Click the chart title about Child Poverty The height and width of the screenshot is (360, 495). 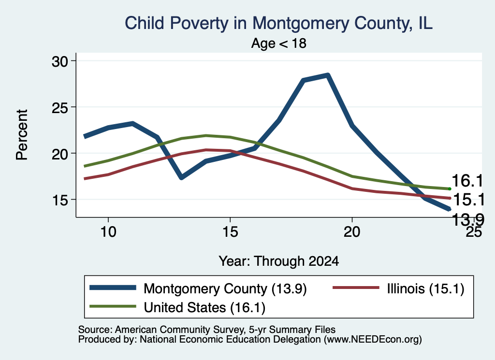point(278,23)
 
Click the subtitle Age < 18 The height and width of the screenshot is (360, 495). point(279,43)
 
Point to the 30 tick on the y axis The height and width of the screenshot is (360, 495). point(60,61)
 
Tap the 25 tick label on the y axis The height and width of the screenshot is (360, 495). point(60,108)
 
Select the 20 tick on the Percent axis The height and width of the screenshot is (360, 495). point(60,154)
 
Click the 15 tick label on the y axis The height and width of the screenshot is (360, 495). point(60,200)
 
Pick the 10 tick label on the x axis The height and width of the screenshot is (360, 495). point(108,232)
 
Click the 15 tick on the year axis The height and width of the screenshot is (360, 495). point(230,232)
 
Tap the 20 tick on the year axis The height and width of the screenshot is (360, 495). point(352,232)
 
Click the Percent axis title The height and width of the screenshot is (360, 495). point(22,135)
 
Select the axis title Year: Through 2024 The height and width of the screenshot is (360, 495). point(279,261)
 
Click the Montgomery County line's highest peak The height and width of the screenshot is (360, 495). point(328,75)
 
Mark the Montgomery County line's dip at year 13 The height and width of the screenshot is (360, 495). point(181,178)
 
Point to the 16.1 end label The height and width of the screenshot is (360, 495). point(467,181)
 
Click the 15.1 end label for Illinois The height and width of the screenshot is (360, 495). point(468,200)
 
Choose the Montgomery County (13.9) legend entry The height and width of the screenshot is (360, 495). point(198,288)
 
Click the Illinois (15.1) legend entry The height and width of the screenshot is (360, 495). point(399,288)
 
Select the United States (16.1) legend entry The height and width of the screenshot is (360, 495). point(177,307)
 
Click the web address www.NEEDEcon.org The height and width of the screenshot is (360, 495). point(373,340)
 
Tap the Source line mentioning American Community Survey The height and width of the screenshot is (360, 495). point(207,330)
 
